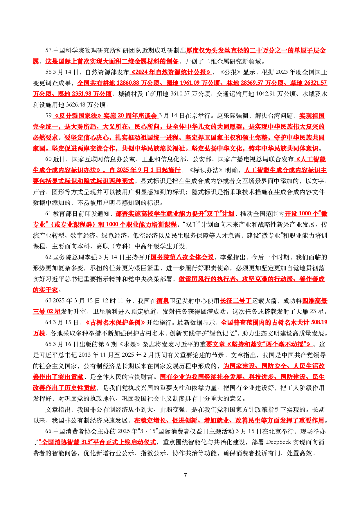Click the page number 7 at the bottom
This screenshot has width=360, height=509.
point(186,475)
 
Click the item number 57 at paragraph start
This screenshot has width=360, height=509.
point(48,50)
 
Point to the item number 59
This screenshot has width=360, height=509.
point(48,115)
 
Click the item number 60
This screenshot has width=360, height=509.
point(48,159)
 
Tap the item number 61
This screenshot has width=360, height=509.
point(48,214)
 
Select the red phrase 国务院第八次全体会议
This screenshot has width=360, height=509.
point(182,257)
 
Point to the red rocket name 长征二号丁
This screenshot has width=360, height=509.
point(236,301)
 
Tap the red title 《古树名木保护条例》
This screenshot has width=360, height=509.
point(115,322)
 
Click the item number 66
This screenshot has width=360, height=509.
point(48,432)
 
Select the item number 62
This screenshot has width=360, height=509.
point(48,257)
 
